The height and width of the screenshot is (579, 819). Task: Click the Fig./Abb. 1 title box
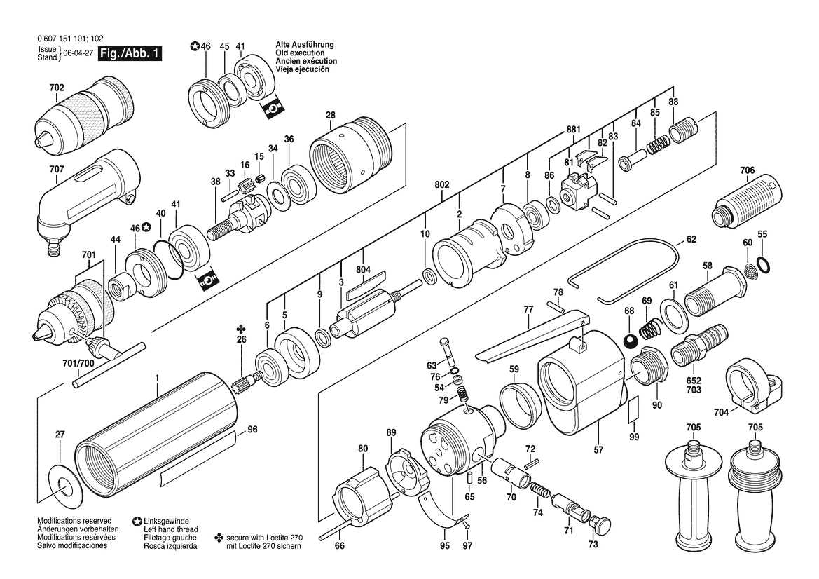(x=130, y=53)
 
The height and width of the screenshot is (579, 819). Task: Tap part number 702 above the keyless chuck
(x=57, y=88)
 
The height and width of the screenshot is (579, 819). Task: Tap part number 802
(x=442, y=185)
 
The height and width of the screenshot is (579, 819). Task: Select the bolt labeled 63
(x=448, y=352)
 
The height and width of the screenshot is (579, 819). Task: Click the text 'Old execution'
(x=300, y=53)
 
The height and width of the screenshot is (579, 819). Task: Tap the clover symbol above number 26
(x=241, y=329)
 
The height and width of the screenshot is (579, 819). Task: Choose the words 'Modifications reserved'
(x=74, y=521)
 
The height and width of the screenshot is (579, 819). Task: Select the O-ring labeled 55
(x=762, y=265)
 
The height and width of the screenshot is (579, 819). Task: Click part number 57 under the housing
(x=598, y=449)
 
